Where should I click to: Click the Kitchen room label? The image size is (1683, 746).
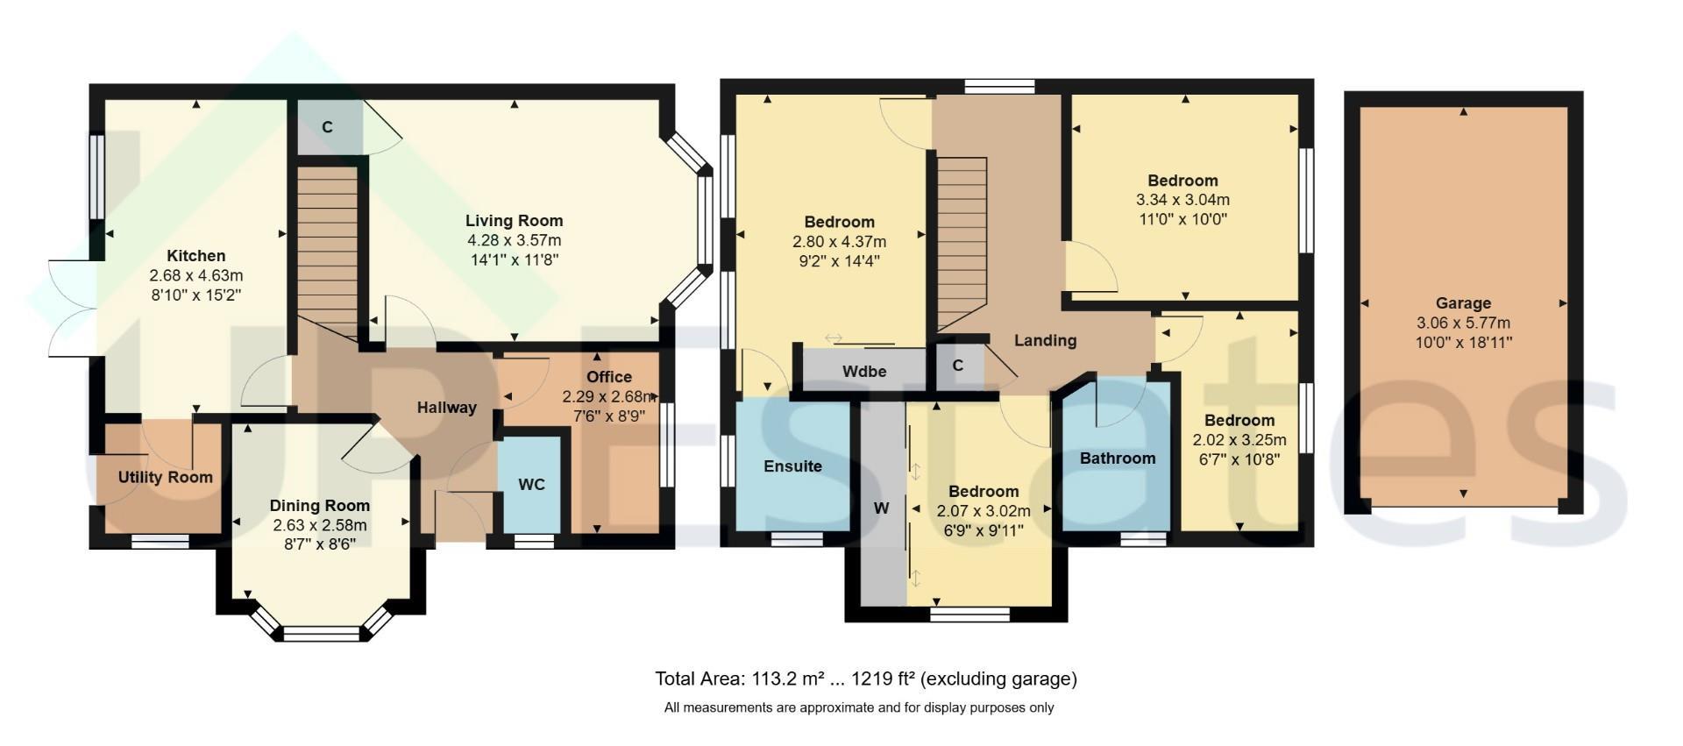pyautogui.click(x=196, y=256)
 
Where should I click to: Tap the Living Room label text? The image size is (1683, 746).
pyautogui.click(x=514, y=221)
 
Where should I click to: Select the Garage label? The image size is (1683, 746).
pyautogui.click(x=1463, y=304)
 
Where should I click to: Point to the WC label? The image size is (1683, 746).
pyautogui.click(x=531, y=485)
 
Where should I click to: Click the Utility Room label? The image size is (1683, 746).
pyautogui.click(x=166, y=478)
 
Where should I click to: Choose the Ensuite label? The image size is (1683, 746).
pyautogui.click(x=792, y=466)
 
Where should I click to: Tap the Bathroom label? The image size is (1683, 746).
pyautogui.click(x=1117, y=458)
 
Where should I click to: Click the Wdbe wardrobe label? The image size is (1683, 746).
pyautogui.click(x=864, y=372)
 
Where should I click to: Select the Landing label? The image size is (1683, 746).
pyautogui.click(x=1045, y=341)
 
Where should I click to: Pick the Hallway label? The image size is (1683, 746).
pyautogui.click(x=446, y=408)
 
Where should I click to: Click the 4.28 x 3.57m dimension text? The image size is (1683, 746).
pyautogui.click(x=514, y=240)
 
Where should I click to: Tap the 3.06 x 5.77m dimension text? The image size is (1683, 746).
pyautogui.click(x=1463, y=323)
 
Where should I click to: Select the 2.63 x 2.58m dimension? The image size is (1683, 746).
pyautogui.click(x=319, y=525)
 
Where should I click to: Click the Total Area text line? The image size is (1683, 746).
pyautogui.click(x=866, y=679)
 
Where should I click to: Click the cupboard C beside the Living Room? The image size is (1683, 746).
pyautogui.click(x=328, y=127)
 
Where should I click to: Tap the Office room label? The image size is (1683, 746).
pyautogui.click(x=608, y=378)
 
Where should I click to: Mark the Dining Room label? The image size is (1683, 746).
pyautogui.click(x=319, y=506)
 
